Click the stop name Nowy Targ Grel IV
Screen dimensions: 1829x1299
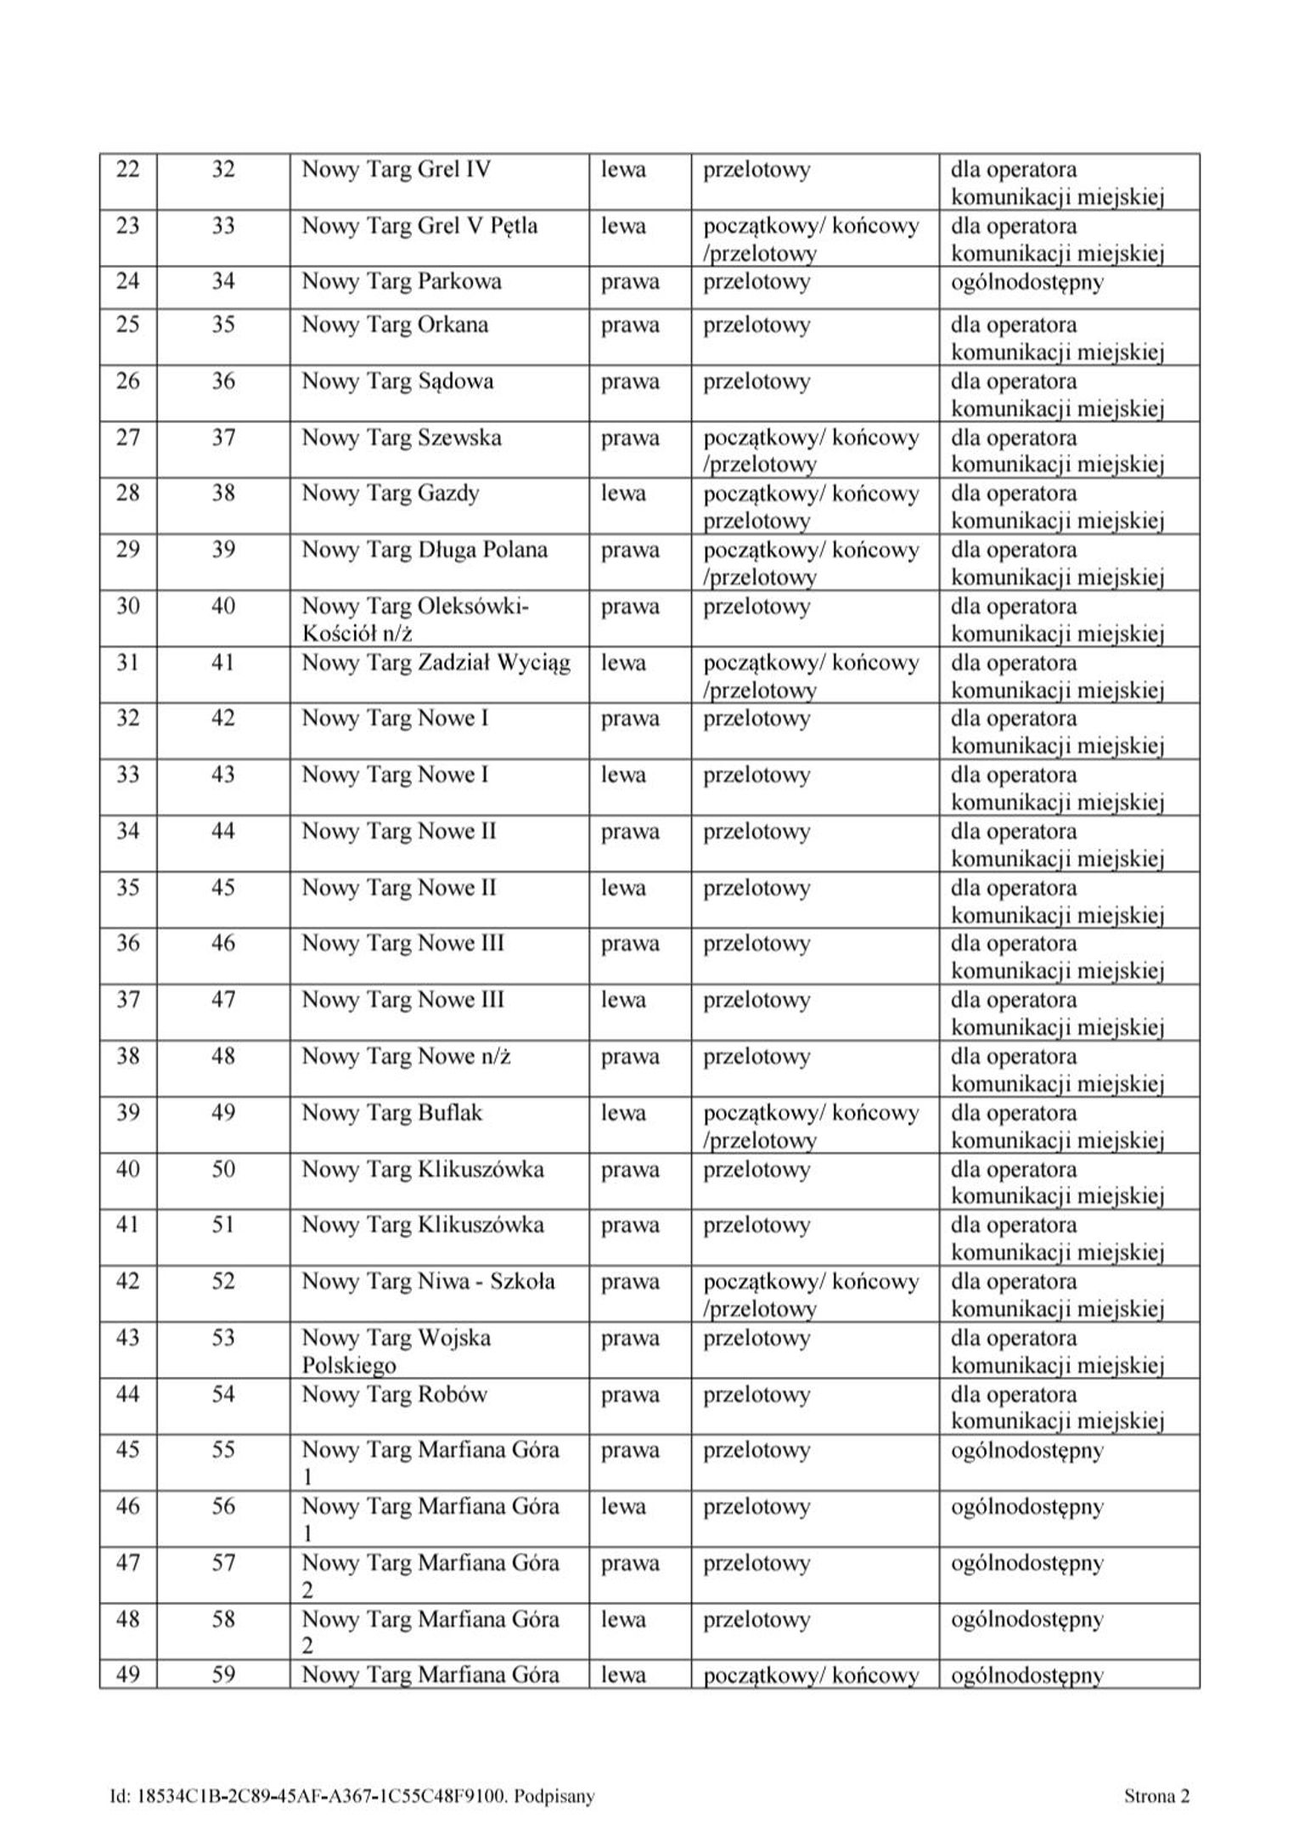pyautogui.click(x=396, y=170)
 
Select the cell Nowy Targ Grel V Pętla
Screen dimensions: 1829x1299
pyautogui.click(x=419, y=227)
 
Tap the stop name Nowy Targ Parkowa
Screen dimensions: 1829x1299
pyautogui.click(x=402, y=282)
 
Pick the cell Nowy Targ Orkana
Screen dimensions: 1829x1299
pyautogui.click(x=395, y=325)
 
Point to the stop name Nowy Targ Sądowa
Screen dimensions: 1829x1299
pyautogui.click(x=397, y=381)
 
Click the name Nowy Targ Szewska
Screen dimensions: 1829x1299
pyautogui.click(x=402, y=438)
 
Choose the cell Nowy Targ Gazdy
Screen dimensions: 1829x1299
pyautogui.click(x=391, y=494)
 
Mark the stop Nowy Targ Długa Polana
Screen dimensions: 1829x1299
pyautogui.click(x=425, y=550)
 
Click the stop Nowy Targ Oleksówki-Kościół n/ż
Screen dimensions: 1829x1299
pyautogui.click(x=415, y=619)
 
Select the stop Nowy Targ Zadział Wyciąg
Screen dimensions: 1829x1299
pyautogui.click(x=436, y=663)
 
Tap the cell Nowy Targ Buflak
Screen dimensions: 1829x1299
pyautogui.click(x=391, y=1113)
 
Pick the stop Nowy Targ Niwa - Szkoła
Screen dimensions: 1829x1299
pyautogui.click(x=428, y=1281)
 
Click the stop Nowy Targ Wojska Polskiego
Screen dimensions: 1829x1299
pyautogui.click(x=396, y=1351)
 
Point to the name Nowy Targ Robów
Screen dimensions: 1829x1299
pyautogui.click(x=394, y=1394)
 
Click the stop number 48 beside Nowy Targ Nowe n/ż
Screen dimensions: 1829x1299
pyautogui.click(x=223, y=1057)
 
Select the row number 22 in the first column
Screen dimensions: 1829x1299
pyautogui.click(x=127, y=170)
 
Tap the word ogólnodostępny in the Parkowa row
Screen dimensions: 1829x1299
pyautogui.click(x=1026, y=282)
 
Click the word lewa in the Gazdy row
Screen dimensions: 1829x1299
pyautogui.click(x=623, y=494)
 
